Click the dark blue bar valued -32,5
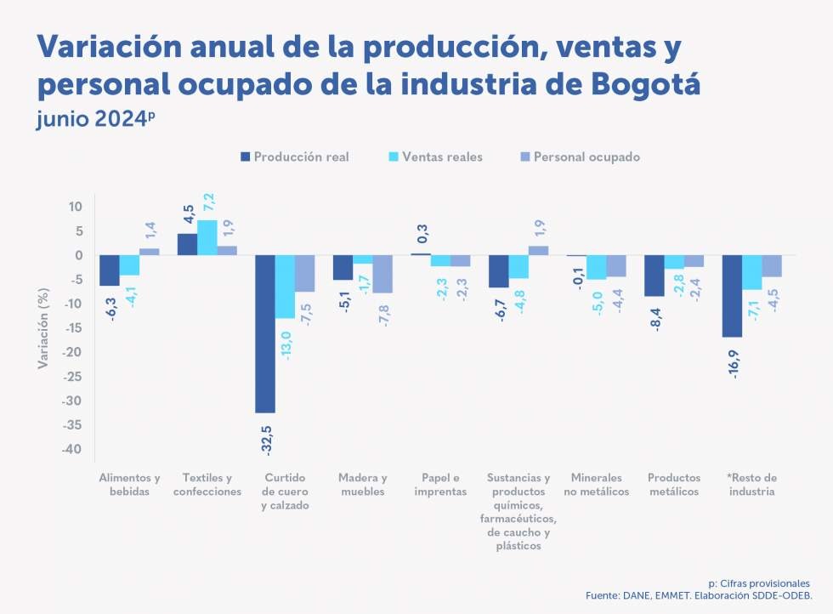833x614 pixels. pos(265,333)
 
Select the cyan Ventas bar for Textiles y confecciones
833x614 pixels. pos(207,237)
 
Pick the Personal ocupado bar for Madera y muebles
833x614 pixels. pos(382,274)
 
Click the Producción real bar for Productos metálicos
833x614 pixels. pos(654,276)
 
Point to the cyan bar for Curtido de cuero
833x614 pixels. pos(285,287)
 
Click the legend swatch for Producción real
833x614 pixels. pos(246,157)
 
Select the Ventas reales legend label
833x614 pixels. pos(442,157)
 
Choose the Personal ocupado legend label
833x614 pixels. pos(586,157)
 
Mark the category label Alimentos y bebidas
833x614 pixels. pos(129,485)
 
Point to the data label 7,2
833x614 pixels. pos(207,203)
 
